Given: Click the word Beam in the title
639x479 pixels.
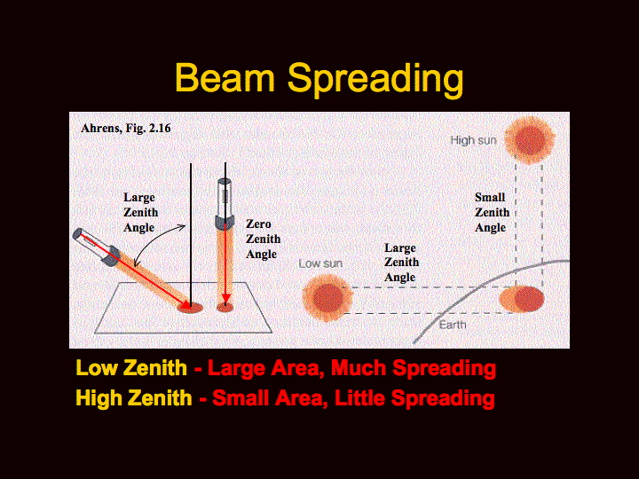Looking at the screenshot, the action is pos(225,78).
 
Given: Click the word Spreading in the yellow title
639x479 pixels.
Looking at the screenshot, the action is pos(375,81).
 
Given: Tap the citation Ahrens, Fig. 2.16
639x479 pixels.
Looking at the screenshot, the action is pos(125,129).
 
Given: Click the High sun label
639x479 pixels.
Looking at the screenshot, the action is pos(473,140).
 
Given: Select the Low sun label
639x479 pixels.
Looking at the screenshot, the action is pos(320,264).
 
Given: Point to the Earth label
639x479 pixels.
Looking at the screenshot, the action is pos(453,325).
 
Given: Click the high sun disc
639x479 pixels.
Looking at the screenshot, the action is pos(529,140).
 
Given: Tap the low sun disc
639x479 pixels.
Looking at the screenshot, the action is pos(327,298).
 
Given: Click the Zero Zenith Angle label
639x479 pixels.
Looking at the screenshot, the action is pos(263,239).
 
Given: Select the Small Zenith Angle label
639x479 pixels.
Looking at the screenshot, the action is pos(492,212).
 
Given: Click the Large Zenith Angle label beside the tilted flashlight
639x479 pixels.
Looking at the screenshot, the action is pos(140,212).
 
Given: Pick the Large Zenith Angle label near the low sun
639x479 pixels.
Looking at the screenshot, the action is pos(401,263).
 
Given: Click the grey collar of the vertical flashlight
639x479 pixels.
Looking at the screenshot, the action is pos(225,222).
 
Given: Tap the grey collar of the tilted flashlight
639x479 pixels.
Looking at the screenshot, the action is pos(110,255).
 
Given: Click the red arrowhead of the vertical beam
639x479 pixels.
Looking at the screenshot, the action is pos(225,300).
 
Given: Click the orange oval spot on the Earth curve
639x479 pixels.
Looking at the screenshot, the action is pos(522,299).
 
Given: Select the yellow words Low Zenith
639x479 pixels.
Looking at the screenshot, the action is pos(131,368).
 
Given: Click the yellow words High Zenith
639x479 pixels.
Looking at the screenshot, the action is pos(134,398).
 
